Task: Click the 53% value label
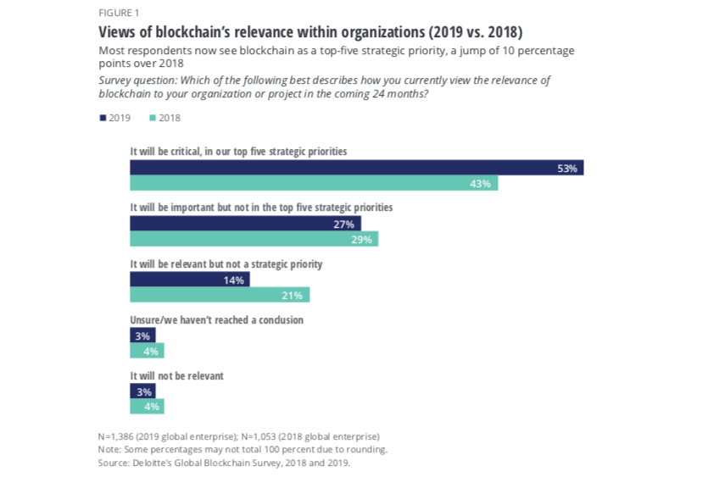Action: [x=567, y=169]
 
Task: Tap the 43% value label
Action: [x=480, y=184]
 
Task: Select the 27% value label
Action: [x=343, y=225]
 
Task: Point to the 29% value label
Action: [x=361, y=240]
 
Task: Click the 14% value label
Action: [x=233, y=280]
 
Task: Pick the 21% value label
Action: [x=293, y=296]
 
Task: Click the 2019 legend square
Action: [x=103, y=118]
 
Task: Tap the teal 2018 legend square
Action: [x=153, y=118]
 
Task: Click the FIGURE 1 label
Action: [x=119, y=13]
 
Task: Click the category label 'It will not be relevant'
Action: [x=176, y=376]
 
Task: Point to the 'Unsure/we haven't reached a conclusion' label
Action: [x=216, y=320]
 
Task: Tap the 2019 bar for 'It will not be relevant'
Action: [x=142, y=391]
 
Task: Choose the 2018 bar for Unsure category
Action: [x=147, y=351]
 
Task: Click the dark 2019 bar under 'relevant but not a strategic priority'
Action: [x=190, y=280]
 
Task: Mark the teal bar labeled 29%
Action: [x=254, y=239]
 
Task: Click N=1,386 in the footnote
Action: [x=115, y=437]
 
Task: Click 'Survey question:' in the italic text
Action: [x=137, y=80]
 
